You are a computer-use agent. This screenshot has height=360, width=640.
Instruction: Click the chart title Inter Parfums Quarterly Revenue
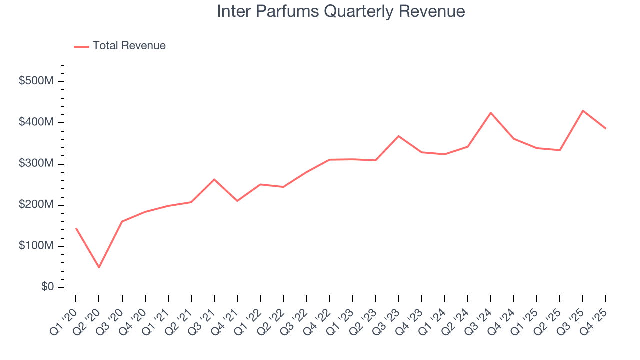pyautogui.click(x=341, y=11)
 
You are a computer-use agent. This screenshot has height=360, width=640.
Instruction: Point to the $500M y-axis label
pyautogui.click(x=36, y=81)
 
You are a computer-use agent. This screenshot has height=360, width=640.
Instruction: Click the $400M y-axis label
pyautogui.click(x=36, y=122)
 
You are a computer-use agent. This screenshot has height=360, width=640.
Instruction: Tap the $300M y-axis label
pyautogui.click(x=36, y=164)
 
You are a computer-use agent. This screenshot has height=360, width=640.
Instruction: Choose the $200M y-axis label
pyautogui.click(x=36, y=205)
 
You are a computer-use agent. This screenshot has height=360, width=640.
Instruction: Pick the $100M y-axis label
pyautogui.click(x=36, y=246)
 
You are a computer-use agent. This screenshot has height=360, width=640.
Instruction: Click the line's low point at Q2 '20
pyautogui.click(x=99, y=267)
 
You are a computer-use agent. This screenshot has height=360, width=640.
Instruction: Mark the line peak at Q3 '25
pyautogui.click(x=583, y=111)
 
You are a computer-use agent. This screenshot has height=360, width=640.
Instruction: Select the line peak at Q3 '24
pyautogui.click(x=491, y=113)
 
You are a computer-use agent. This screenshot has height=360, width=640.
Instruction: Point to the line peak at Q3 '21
pyautogui.click(x=214, y=179)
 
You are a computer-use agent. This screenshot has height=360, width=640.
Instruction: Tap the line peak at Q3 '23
pyautogui.click(x=398, y=136)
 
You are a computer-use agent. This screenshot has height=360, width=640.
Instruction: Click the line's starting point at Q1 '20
pyautogui.click(x=76, y=228)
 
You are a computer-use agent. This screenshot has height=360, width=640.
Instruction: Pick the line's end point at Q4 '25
pyautogui.click(x=606, y=128)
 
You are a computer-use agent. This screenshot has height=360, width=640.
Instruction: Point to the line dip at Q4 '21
pyautogui.click(x=237, y=201)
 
